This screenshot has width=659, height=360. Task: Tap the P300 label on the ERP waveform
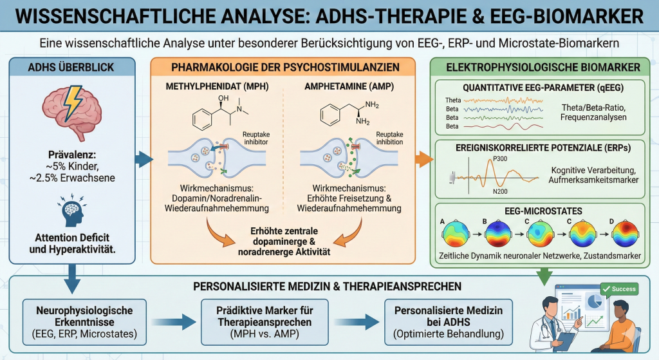tap(501, 158)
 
